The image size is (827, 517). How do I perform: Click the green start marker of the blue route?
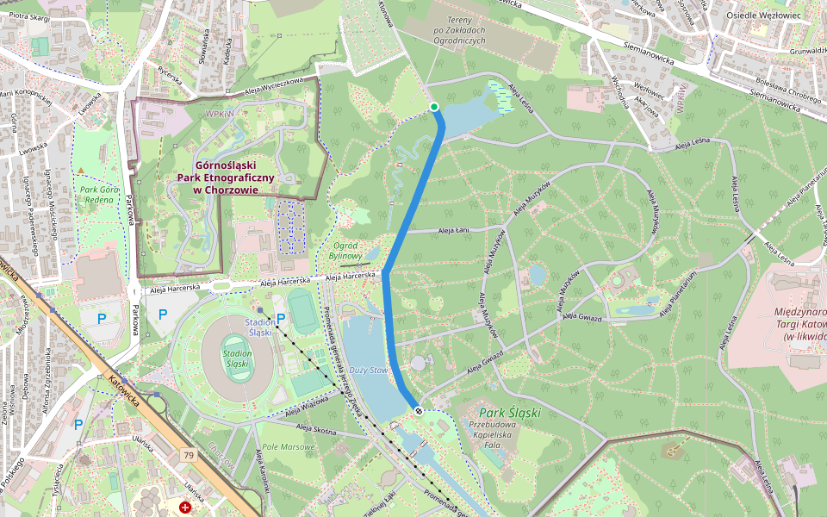pos(434,107)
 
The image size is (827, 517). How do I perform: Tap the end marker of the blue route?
pos(419,411)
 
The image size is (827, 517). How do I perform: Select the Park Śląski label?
pos(510,413)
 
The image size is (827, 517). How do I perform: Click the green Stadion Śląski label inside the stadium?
pos(237,358)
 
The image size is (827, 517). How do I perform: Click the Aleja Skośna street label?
pos(315,427)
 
